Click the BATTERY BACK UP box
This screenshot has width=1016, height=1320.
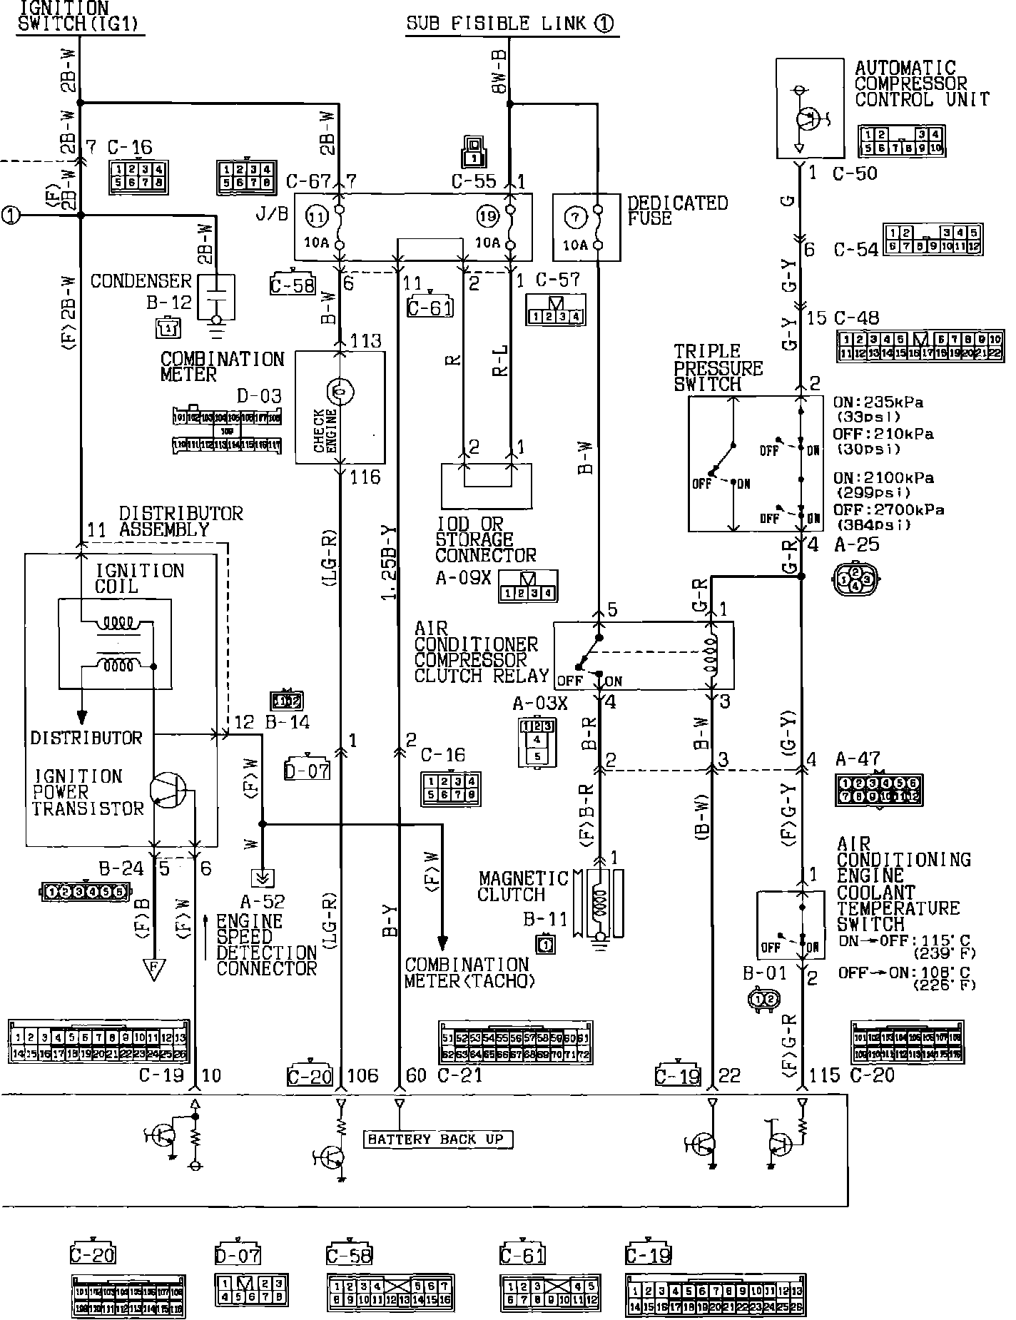coord(437,1139)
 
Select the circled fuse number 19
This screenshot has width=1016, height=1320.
coord(487,214)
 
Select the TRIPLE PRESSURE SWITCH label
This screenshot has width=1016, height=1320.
coord(718,367)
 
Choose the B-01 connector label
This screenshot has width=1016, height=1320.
coord(765,973)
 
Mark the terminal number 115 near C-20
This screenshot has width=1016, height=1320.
coord(825,1075)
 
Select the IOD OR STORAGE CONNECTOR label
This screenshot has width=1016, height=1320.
coord(485,539)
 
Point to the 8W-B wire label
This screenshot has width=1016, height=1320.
coord(498,71)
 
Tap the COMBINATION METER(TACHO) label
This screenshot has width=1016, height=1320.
coord(469,973)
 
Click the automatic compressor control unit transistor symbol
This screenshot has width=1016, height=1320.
coord(808,118)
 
